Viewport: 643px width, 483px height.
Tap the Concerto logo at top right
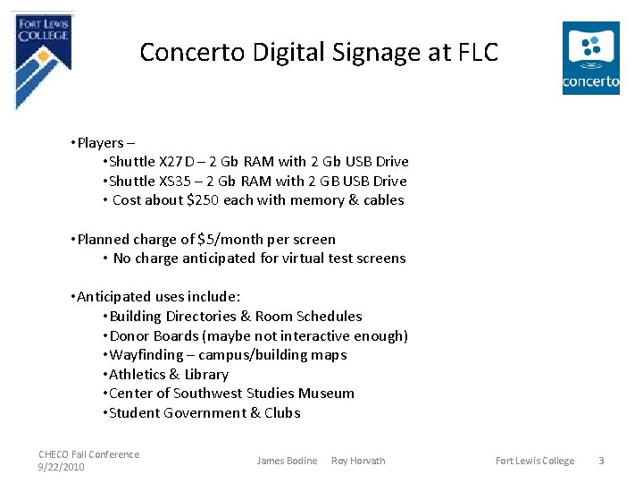(590, 57)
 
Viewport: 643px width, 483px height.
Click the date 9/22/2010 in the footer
(62, 467)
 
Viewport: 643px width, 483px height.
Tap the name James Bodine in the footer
(287, 461)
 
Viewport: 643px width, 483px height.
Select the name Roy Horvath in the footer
(358, 461)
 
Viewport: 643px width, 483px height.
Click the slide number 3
(601, 461)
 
